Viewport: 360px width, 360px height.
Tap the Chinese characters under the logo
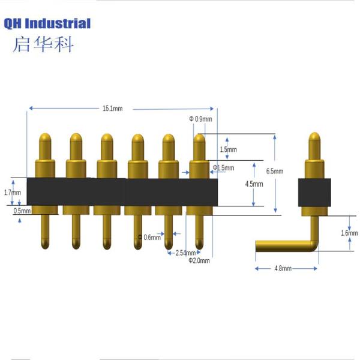tap(43, 44)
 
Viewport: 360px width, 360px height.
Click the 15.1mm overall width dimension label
tap(112, 109)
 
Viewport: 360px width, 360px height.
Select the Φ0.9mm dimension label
tap(201, 119)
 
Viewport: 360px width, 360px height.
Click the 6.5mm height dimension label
tap(274, 171)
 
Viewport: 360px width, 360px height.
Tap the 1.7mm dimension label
tap(11, 193)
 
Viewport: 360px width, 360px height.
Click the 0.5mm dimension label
tap(11, 211)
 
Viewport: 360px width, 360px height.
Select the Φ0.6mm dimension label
tap(149, 237)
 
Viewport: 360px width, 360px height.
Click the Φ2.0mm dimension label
tap(198, 260)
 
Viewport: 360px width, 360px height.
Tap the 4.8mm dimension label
tap(282, 269)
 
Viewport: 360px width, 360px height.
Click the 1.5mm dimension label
tap(228, 149)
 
